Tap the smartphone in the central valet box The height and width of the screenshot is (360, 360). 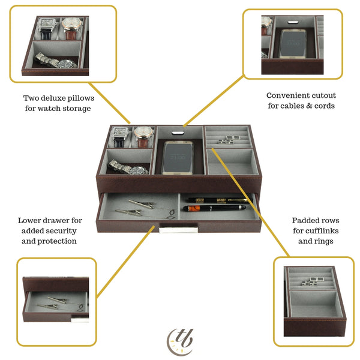(178, 157)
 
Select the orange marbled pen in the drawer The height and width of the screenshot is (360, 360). (215, 208)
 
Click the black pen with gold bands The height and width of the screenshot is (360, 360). (218, 200)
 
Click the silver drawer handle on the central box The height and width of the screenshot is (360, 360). (179, 230)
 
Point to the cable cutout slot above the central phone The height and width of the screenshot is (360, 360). (178, 133)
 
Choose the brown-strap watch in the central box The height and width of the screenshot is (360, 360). (143, 137)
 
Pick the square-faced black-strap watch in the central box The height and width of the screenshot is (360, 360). (121, 136)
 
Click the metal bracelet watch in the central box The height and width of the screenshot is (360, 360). (128, 167)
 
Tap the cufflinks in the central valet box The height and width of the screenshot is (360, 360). (229, 140)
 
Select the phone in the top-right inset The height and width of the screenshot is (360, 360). (293, 43)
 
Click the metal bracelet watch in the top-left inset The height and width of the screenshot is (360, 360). (56, 61)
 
